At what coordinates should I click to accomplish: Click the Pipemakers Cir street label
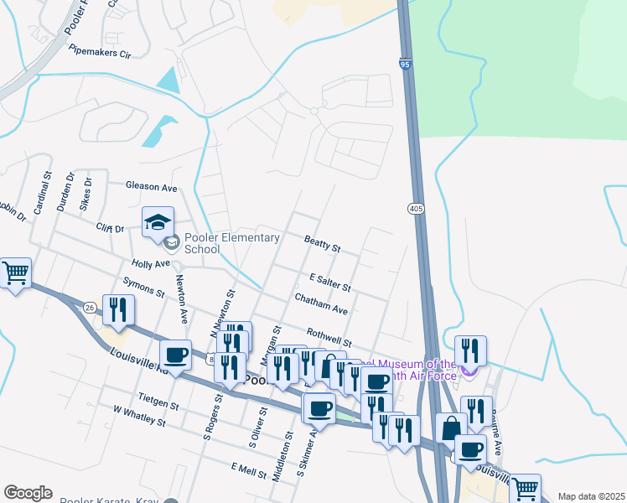101,53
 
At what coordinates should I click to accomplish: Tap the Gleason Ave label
152,186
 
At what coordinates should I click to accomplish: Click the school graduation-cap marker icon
158,223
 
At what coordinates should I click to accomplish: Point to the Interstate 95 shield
406,64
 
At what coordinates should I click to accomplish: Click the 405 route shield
416,207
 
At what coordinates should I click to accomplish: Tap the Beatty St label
322,244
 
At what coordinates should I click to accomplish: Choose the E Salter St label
329,282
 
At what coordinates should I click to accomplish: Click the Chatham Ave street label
321,303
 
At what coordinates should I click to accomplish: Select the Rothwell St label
329,337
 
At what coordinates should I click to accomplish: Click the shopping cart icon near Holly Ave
15,273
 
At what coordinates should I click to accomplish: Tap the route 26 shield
89,307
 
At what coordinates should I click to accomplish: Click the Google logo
28,493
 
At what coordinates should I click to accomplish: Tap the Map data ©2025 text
591,496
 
